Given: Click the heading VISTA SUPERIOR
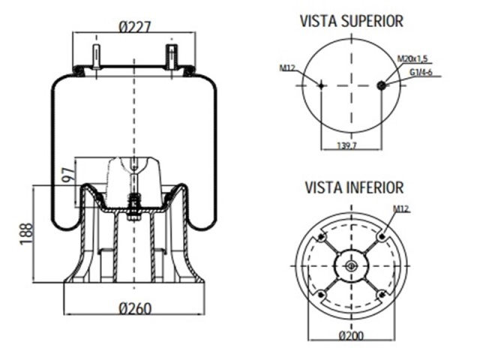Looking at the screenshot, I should tap(351, 20).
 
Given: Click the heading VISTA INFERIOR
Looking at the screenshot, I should tap(354, 187).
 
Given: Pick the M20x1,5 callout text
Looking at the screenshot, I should tap(414, 58).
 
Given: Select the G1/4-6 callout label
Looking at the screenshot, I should tap(421, 71).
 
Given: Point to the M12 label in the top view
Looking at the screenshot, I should tap(287, 69).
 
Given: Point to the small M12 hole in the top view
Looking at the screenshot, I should tap(322, 85).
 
